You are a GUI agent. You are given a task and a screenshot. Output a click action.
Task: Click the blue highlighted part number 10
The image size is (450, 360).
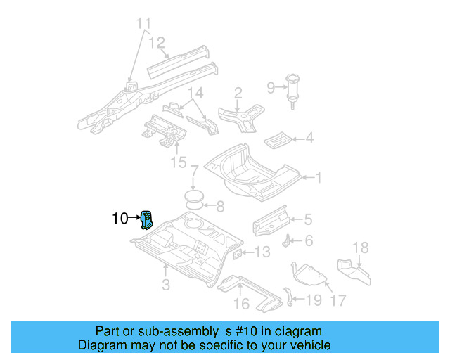tap(148, 220)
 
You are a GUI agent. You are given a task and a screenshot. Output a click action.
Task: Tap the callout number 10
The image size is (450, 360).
tap(120, 219)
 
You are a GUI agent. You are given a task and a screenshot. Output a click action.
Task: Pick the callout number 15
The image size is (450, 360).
tap(179, 163)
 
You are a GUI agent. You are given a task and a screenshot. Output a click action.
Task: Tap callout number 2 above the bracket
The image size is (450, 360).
tap(238, 92)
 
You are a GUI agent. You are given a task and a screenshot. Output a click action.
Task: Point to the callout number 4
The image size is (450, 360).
tap(309, 139)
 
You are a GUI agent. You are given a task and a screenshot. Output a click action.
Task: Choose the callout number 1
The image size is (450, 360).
tap(318, 178)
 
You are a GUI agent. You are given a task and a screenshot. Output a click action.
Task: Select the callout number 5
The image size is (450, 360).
tap(307, 220)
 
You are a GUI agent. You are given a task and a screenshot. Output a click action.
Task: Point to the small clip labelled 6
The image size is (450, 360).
tap(287, 240)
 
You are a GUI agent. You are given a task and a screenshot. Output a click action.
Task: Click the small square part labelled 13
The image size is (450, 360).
tap(238, 253)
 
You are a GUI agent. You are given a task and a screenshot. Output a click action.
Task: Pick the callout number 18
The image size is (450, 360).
tap(360, 247)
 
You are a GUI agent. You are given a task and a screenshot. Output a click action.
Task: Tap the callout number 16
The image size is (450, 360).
tap(241, 304)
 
